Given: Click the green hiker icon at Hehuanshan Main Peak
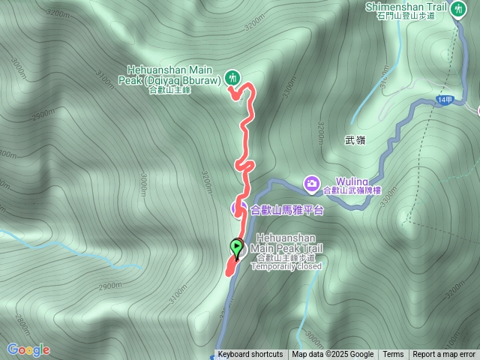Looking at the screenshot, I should click(x=232, y=76).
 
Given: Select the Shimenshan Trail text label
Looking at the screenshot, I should click(x=405, y=7).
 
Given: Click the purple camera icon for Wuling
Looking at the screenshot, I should click(x=311, y=182).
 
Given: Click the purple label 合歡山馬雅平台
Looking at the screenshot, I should click(x=286, y=210).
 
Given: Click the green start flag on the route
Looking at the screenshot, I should click(x=237, y=247).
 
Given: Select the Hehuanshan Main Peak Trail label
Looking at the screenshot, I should click(x=286, y=243).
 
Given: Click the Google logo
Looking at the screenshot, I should click(x=28, y=349).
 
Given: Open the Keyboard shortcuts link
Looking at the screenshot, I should click(x=250, y=355).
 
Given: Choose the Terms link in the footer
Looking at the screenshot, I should click(x=393, y=355).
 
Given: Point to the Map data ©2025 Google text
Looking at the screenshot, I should click(x=332, y=355).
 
